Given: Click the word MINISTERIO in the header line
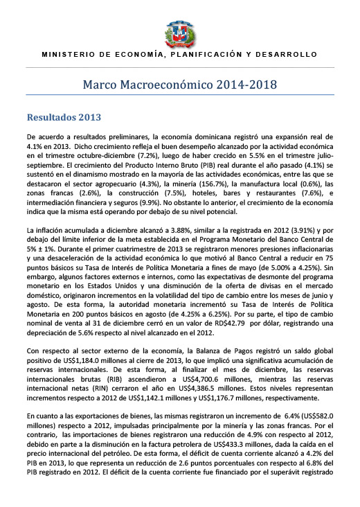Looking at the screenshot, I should pos(65,54).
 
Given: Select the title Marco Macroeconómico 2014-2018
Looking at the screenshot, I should pos(180,85).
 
